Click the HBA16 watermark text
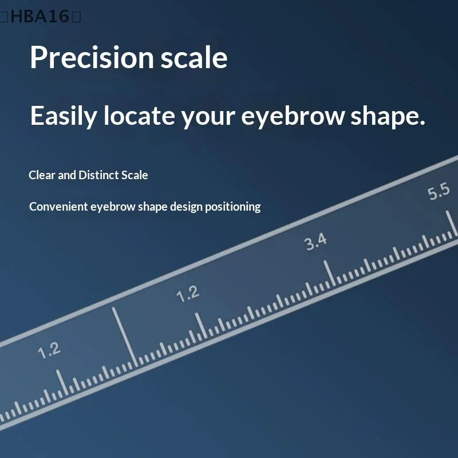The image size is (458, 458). click(x=40, y=17)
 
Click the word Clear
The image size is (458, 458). click(x=42, y=175)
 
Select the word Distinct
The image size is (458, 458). click(x=98, y=175)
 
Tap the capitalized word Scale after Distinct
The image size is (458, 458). click(x=135, y=175)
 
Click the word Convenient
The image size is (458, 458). click(x=58, y=207)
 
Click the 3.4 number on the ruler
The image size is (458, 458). click(x=315, y=242)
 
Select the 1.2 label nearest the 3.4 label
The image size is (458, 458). click(x=188, y=294)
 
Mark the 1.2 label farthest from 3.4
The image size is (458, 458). click(x=49, y=350)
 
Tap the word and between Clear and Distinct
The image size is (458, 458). click(x=67, y=175)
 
